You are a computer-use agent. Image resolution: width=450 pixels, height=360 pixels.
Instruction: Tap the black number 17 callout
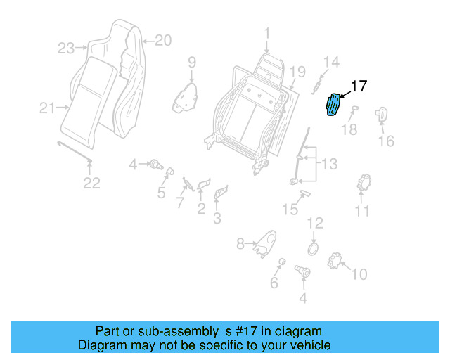359,86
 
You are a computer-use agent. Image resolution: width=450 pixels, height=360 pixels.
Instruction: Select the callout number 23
66,48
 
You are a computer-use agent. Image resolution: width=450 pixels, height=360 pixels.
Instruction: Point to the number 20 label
162,41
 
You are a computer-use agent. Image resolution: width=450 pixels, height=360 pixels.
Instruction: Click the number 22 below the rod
92,184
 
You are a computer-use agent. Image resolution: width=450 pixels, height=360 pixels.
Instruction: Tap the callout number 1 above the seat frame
266,33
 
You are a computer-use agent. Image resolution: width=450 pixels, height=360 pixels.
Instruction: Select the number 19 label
297,71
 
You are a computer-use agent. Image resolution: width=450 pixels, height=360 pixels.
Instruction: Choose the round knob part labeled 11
364,184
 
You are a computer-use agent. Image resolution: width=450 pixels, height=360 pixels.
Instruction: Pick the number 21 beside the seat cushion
47,108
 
